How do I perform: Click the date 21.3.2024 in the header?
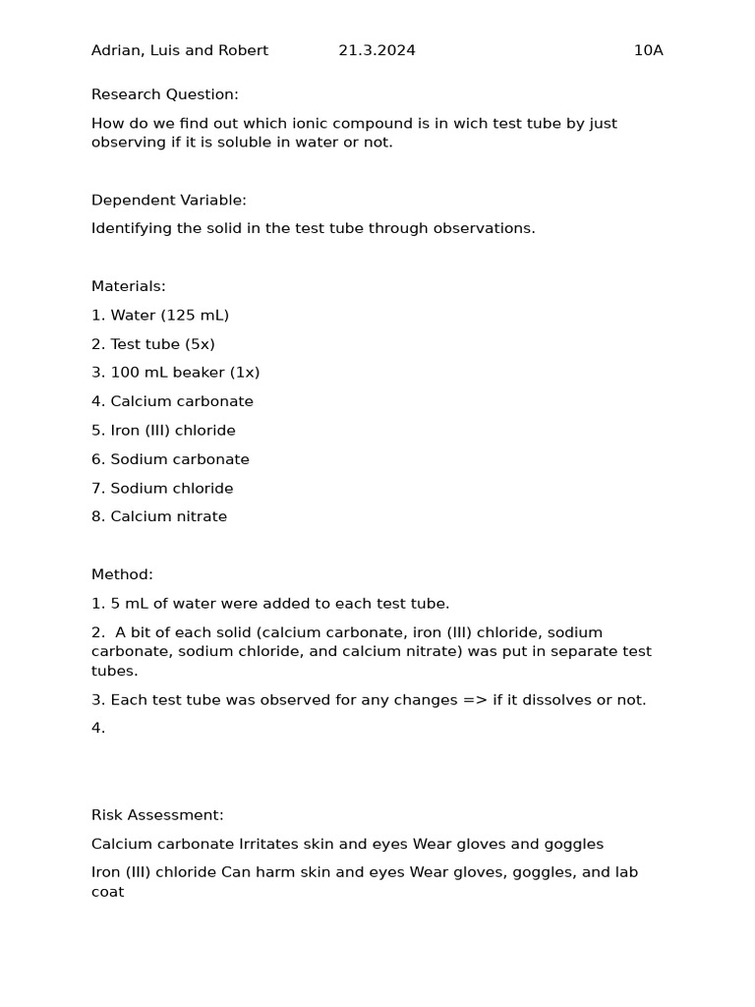coord(377,51)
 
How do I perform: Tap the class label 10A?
coord(648,51)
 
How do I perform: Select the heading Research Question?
coord(165,94)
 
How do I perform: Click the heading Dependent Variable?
coord(169,201)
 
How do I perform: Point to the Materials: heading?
coord(129,287)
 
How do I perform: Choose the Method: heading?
coord(122,575)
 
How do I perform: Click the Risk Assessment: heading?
coord(157,815)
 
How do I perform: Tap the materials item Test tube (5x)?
coord(162,344)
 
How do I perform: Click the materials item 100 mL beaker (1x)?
coord(185,373)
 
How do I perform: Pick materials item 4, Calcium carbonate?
coord(182,402)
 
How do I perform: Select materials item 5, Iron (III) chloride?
coord(173,431)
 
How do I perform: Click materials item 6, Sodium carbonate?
coord(180,459)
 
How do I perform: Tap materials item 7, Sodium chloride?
coord(172,489)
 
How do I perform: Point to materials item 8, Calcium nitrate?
coord(168,517)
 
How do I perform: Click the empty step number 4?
coord(97,729)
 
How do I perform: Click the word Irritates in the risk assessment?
coord(268,845)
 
